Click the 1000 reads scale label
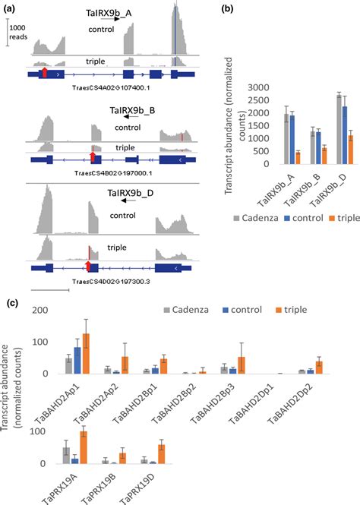pos(21,31)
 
